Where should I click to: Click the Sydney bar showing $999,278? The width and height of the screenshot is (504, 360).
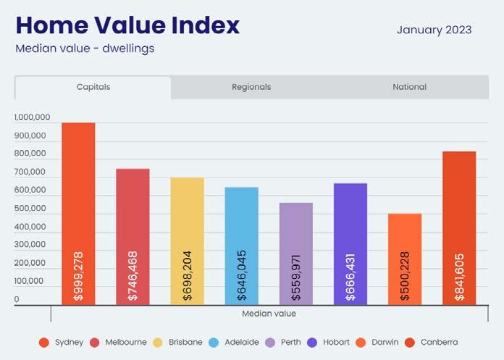tap(78, 214)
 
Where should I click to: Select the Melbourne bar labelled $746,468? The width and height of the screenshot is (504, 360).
tap(133, 237)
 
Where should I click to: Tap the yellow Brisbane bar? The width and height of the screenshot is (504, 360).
tap(187, 241)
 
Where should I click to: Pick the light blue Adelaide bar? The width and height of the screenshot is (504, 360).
tap(241, 246)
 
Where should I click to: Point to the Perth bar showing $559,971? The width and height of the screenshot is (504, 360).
tap(295, 254)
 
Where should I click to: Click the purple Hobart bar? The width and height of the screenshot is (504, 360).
tap(350, 244)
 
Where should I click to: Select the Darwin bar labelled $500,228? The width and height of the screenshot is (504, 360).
tap(405, 259)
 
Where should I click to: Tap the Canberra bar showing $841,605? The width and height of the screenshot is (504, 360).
tap(459, 228)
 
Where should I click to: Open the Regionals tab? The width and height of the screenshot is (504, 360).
tap(251, 87)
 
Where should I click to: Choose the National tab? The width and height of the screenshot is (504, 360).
tap(410, 87)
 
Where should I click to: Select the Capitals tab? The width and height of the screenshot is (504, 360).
tap(93, 87)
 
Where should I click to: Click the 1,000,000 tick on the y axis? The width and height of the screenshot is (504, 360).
tap(32, 117)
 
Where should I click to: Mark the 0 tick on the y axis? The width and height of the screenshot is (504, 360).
tap(17, 299)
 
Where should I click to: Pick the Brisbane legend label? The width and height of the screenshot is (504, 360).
tap(185, 342)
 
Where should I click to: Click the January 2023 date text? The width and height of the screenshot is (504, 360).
tap(434, 30)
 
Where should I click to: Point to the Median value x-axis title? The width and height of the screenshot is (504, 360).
tap(269, 314)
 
